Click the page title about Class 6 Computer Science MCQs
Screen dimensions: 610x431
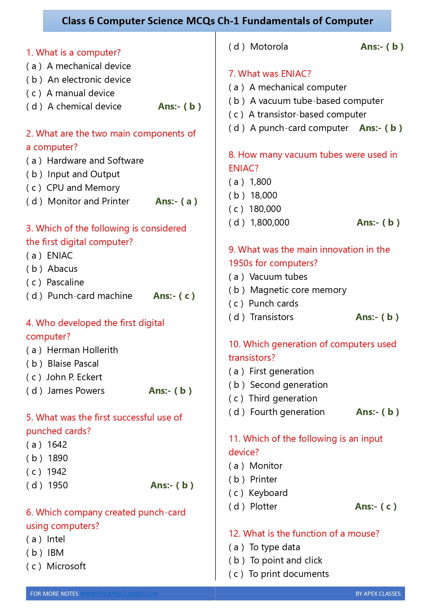pos(217,21)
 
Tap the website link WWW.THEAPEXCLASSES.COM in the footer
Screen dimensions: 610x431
pos(119,594)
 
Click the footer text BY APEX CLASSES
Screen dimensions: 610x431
pos(378,594)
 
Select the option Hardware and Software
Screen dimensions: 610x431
pos(95,161)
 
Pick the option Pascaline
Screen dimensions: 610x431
pos(65,282)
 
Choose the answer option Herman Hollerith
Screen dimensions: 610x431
pos(82,350)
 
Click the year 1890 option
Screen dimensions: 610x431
pos(58,458)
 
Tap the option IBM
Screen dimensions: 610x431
pos(56,553)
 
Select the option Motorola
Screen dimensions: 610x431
pos(269,47)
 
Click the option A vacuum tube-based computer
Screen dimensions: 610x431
pos(316,101)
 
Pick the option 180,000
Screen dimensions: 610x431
pos(265,209)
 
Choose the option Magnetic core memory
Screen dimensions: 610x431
pos(298,290)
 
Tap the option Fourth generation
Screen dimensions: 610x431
pos(287,412)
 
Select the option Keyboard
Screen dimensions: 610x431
pos(268,493)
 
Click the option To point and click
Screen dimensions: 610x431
pos(286,560)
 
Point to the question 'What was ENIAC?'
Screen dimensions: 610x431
pos(270,74)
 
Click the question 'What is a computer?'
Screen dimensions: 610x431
pos(73,52)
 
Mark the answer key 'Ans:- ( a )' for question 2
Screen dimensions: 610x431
pos(176,201)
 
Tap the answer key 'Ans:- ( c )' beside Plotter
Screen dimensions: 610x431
pos(375,506)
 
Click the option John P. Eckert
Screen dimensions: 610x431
pos(74,377)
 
